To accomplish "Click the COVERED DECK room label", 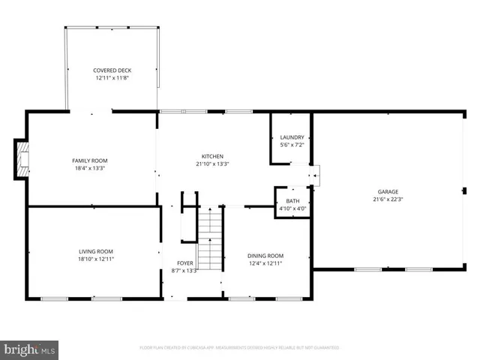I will tap(112, 70).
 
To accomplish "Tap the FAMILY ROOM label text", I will tap(89, 160).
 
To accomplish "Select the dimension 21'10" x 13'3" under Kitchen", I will tap(212, 163).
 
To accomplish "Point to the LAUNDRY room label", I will tap(292, 137).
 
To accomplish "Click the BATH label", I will tap(292, 201).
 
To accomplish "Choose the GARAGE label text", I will tap(388, 192).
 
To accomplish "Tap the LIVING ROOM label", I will tap(96, 251).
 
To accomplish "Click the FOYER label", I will tap(184, 263).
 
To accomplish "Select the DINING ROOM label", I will tap(265, 256).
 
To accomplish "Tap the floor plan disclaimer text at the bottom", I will tap(239, 348).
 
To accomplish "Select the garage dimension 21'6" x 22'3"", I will tap(388, 199).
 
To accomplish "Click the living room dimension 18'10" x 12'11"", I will tap(96, 259).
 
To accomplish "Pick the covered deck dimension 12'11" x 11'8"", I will tap(112, 77).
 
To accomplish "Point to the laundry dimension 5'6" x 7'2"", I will tap(292, 144).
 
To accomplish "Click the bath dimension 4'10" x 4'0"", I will tap(292, 208).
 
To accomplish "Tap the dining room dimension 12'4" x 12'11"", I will tap(265, 263).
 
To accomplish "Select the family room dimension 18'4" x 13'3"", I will tap(89, 168).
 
